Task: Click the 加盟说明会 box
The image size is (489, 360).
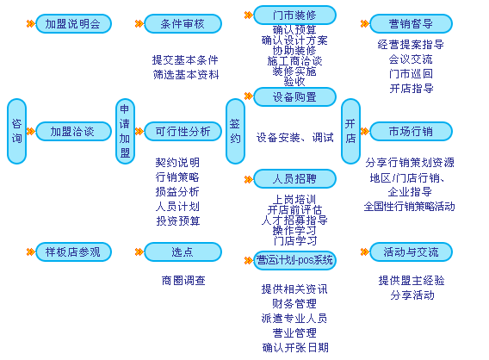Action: [73, 24]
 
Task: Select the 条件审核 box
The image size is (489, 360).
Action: [177, 24]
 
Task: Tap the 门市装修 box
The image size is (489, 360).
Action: [294, 15]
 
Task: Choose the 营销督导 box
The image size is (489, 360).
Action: [411, 24]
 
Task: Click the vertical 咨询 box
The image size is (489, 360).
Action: [17, 131]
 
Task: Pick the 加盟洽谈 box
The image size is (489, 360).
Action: [73, 131]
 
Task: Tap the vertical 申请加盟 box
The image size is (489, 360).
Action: [126, 131]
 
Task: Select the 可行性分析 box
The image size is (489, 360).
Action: [177, 131]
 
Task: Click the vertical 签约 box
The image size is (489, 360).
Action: [235, 131]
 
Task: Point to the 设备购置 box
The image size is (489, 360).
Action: [294, 96]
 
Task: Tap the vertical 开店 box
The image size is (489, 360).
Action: [350, 131]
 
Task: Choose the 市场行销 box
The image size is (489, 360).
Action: [411, 131]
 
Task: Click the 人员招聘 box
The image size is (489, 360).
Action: [294, 179]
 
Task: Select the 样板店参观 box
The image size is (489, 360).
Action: [73, 251]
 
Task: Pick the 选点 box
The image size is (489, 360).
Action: [177, 251]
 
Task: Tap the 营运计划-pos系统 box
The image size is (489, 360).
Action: [294, 259]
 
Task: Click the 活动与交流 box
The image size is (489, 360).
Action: [411, 251]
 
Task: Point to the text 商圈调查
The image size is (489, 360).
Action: [183, 280]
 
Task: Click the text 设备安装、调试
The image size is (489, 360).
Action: [294, 137]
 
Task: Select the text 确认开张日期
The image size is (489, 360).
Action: [294, 347]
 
